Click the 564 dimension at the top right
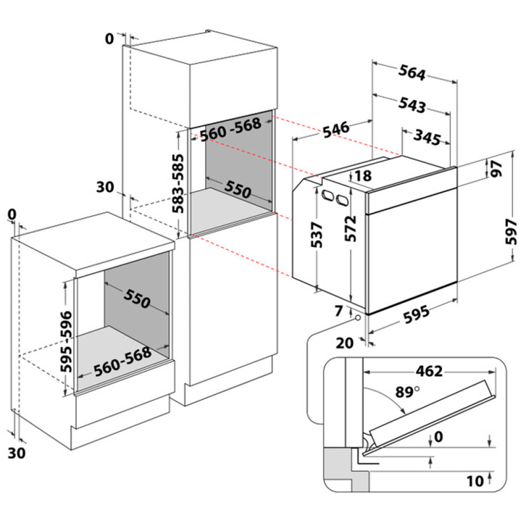point(412,74)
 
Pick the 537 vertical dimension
point(317,234)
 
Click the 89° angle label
point(407,393)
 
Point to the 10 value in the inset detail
point(475,481)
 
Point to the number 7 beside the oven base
point(339,310)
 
